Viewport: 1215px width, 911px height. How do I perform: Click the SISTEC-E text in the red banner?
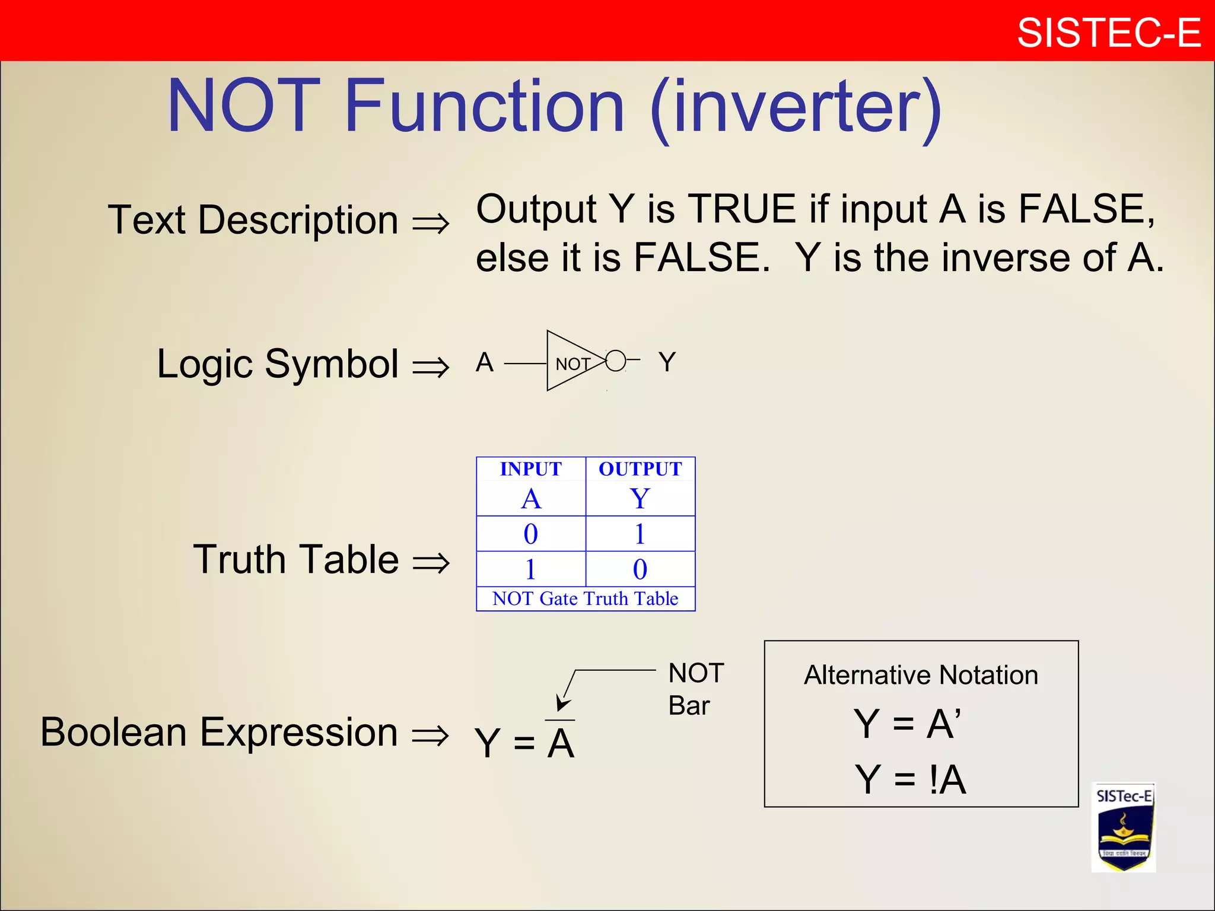point(1108,33)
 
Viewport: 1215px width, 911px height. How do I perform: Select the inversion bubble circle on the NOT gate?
point(616,361)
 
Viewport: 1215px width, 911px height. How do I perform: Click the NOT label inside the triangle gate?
point(572,364)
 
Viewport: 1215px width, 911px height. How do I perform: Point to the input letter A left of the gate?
point(485,362)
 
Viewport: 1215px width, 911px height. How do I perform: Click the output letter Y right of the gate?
point(667,362)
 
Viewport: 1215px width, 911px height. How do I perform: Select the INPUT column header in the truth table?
point(530,469)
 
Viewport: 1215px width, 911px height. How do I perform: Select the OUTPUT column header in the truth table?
point(640,469)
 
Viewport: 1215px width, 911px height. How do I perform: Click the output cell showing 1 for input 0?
point(640,534)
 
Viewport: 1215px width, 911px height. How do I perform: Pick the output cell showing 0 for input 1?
point(640,569)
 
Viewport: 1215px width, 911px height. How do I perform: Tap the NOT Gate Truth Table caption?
point(585,598)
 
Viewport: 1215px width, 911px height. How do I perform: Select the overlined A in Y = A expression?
point(561,743)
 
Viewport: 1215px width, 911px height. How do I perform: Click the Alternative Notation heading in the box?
point(921,676)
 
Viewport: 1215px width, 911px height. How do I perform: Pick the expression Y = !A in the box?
point(910,779)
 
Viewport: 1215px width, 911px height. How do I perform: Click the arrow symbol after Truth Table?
point(431,562)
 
